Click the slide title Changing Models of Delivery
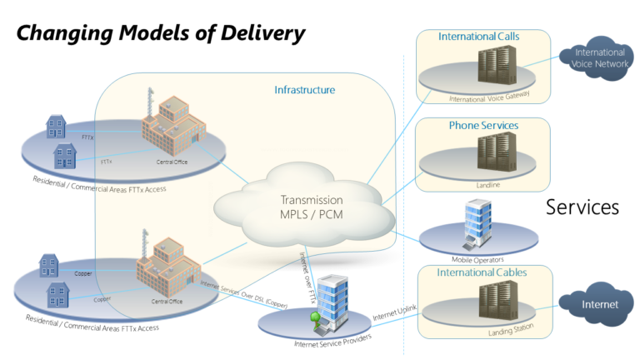click(x=161, y=33)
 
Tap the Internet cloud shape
click(x=600, y=304)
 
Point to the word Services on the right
click(x=582, y=207)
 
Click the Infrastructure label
click(x=305, y=89)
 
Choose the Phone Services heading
click(x=483, y=125)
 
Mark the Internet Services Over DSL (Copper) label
click(x=243, y=294)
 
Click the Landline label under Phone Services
click(x=488, y=185)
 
